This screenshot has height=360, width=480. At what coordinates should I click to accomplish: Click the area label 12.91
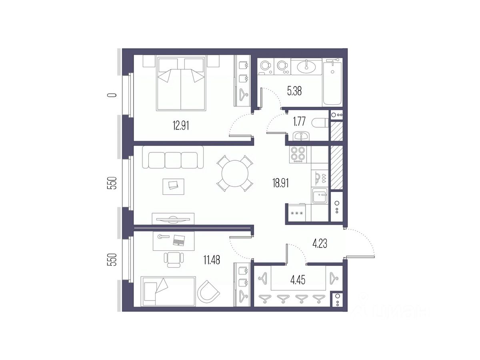point(181,126)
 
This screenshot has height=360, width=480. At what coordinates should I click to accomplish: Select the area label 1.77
point(300,122)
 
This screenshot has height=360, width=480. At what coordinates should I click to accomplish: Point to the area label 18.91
point(280,183)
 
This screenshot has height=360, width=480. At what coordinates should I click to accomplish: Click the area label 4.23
point(320,243)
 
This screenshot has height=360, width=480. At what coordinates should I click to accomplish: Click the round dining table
point(235,173)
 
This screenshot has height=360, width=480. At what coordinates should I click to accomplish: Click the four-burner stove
point(298,154)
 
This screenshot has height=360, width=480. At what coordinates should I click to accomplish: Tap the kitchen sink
point(320,197)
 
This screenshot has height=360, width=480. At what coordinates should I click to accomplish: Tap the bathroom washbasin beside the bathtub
point(306,66)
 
